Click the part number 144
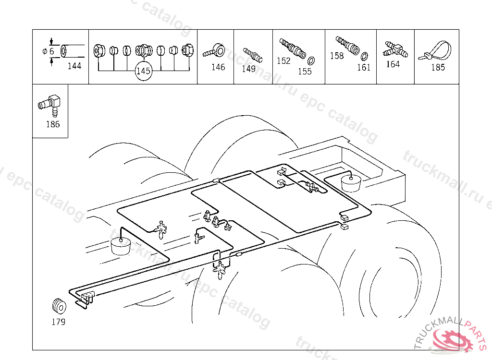pyautogui.click(x=74, y=66)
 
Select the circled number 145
pyautogui.click(x=143, y=71)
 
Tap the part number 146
pyautogui.click(x=218, y=67)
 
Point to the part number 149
pyautogui.click(x=248, y=69)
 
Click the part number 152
pyautogui.click(x=283, y=61)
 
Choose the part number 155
pyautogui.click(x=305, y=72)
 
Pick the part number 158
pyautogui.click(x=337, y=56)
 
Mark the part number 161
pyautogui.click(x=364, y=67)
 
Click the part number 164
pyautogui.click(x=393, y=64)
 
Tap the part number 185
pyautogui.click(x=438, y=67)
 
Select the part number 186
pyautogui.click(x=53, y=124)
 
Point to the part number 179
pyautogui.click(x=58, y=322)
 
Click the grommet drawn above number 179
pyautogui.click(x=59, y=306)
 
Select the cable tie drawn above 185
pyautogui.click(x=435, y=52)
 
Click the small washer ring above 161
pyautogui.click(x=364, y=57)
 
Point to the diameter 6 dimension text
pyautogui.click(x=49, y=51)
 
